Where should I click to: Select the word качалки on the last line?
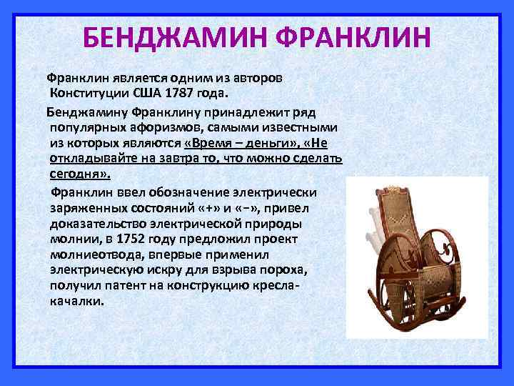point(76,301)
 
